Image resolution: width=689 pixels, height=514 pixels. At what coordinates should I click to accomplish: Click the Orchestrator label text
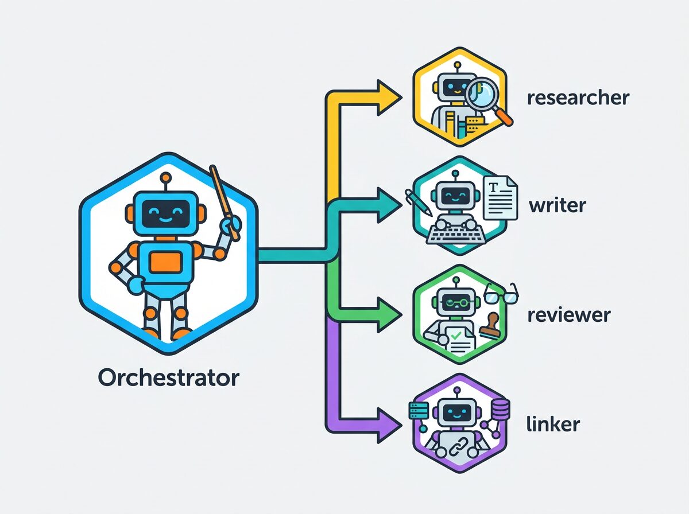click(168, 377)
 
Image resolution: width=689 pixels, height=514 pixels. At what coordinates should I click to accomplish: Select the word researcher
click(578, 98)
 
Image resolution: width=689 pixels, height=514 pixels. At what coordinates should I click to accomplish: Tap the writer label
click(556, 205)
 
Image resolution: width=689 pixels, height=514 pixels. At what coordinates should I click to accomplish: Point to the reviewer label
click(568, 315)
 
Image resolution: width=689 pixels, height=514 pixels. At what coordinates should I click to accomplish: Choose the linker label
click(553, 425)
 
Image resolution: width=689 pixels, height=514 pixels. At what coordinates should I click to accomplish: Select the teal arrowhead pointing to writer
click(386, 205)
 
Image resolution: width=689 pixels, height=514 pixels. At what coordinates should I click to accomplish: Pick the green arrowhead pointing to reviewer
click(386, 315)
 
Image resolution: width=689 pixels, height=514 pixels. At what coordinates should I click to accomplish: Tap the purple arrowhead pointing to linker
click(386, 425)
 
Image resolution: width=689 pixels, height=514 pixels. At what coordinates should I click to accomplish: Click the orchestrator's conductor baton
click(224, 201)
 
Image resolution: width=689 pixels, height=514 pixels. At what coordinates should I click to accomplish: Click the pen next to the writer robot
click(419, 203)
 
